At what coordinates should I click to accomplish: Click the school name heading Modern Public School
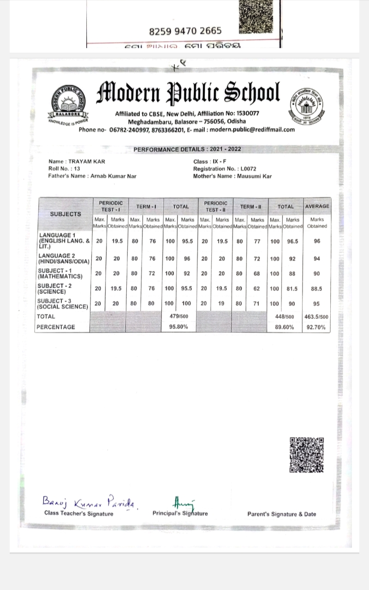(188, 94)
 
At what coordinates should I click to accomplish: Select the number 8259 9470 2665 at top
(185, 31)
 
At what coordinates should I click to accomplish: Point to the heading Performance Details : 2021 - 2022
(187, 149)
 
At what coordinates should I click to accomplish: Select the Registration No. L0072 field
(225, 169)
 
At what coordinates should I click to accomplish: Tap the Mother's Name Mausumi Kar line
(232, 176)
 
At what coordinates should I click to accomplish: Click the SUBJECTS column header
(65, 214)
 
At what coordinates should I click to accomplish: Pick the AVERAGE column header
(317, 206)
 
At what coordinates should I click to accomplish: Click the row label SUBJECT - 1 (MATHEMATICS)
(60, 273)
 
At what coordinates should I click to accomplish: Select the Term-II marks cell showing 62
(257, 289)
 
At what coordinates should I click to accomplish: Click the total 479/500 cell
(180, 317)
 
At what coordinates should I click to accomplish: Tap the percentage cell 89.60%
(285, 327)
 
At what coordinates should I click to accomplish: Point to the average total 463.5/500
(316, 317)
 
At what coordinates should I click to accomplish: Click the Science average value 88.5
(317, 289)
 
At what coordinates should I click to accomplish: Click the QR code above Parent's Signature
(307, 454)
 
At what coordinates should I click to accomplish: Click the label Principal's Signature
(180, 513)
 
